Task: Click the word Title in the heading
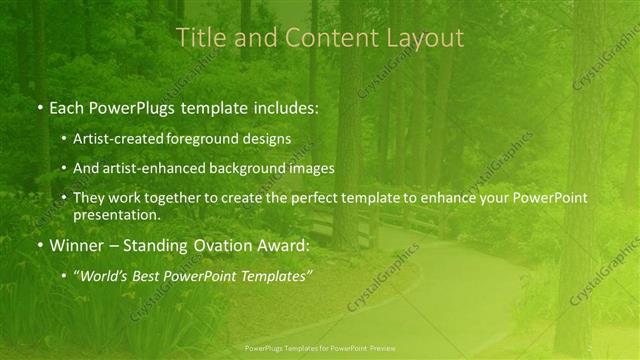coord(198,38)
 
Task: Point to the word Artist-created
coord(115,139)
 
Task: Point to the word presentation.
coord(115,214)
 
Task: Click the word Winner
coord(75,244)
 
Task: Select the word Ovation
coord(214,244)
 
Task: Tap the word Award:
coord(281,244)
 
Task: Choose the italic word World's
coord(106,275)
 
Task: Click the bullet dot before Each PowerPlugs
coord(39,106)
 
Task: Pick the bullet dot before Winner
coord(39,245)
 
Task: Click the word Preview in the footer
coord(380,348)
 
